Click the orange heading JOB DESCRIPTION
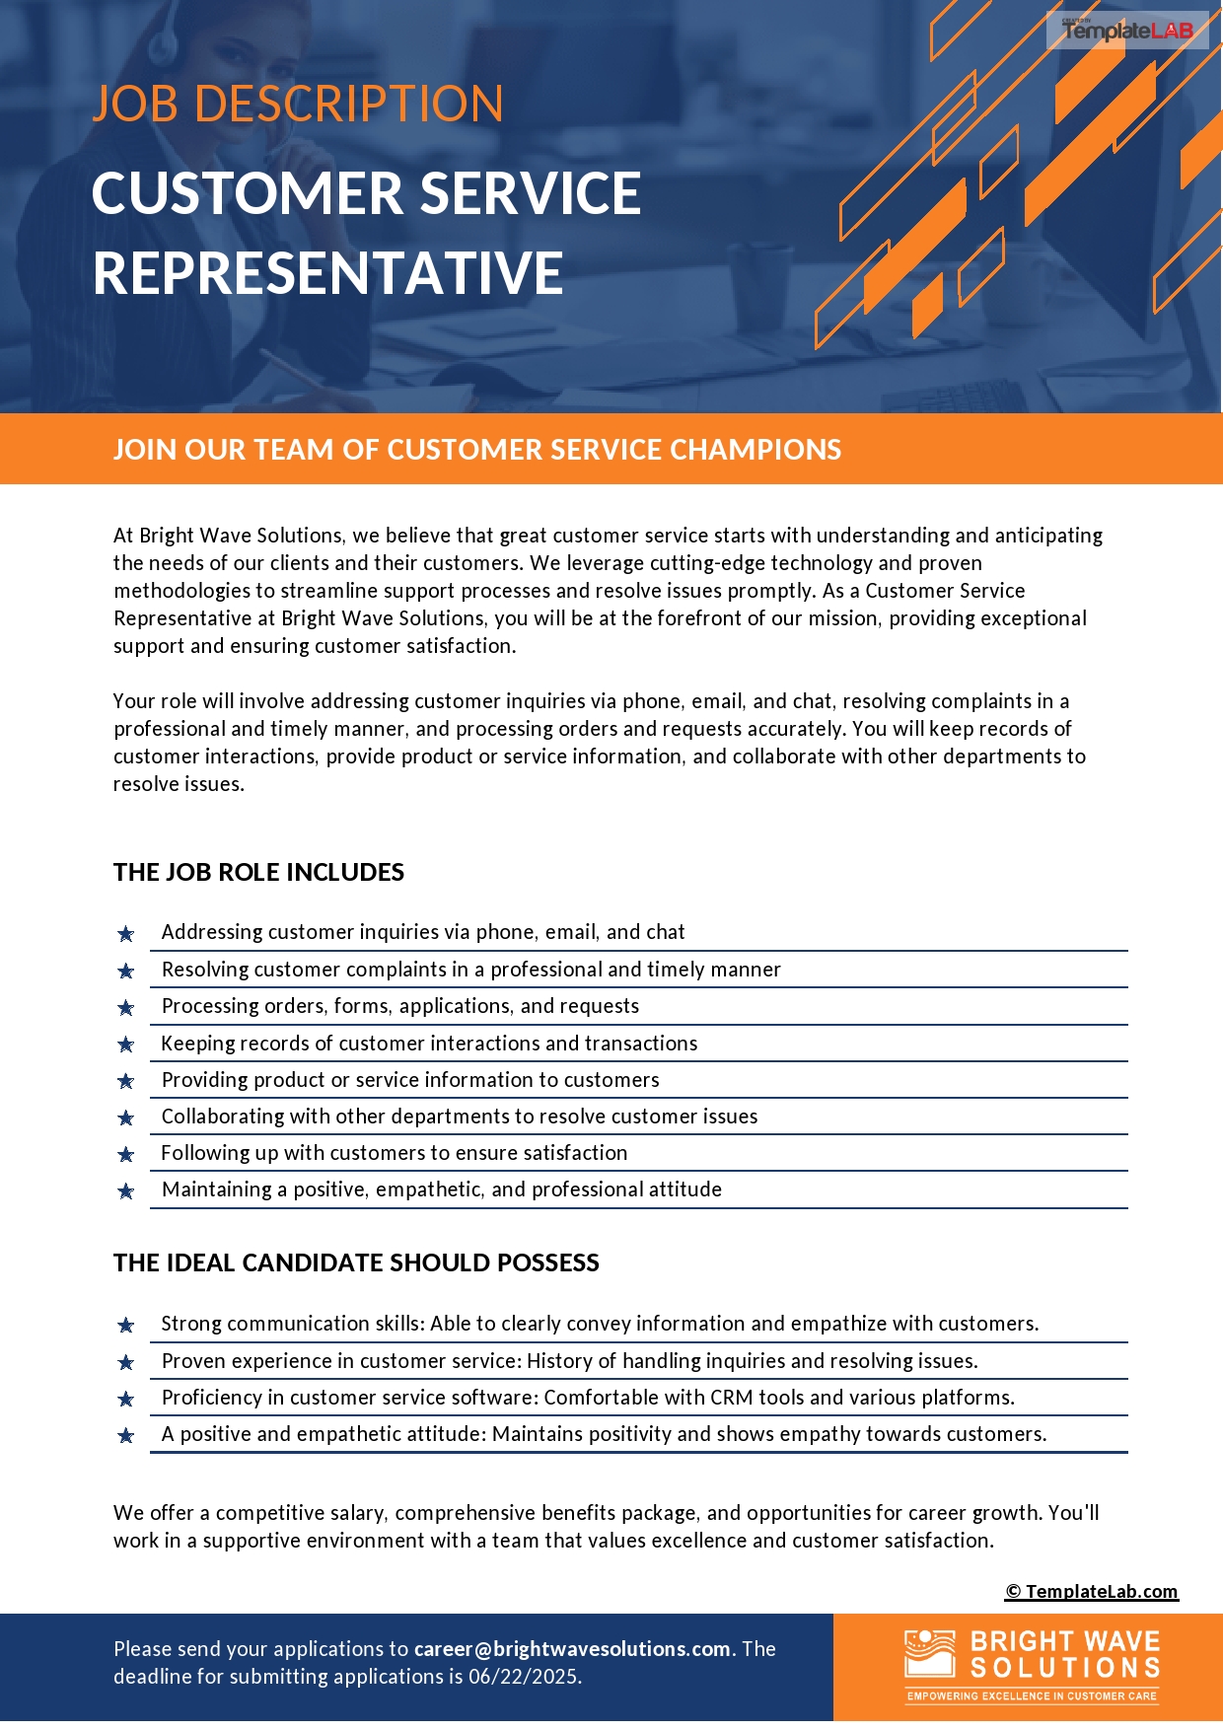pyautogui.click(x=298, y=104)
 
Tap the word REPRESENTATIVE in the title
pyautogui.click(x=327, y=273)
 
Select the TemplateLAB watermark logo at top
pyautogui.click(x=1127, y=31)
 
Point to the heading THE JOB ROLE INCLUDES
pyautogui.click(x=258, y=872)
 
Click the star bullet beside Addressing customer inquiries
pyautogui.click(x=126, y=933)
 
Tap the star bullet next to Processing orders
pyautogui.click(x=126, y=1007)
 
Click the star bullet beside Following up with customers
pyautogui.click(x=126, y=1154)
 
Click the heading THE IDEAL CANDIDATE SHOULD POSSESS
pyautogui.click(x=356, y=1262)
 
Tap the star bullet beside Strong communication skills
pyautogui.click(x=126, y=1325)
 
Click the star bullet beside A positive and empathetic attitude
pyautogui.click(x=126, y=1435)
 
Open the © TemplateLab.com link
pyautogui.click(x=1091, y=1591)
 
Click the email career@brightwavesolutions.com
pyautogui.click(x=572, y=1649)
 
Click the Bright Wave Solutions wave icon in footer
pyautogui.click(x=929, y=1653)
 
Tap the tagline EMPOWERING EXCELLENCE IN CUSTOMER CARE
pyautogui.click(x=1032, y=1696)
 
